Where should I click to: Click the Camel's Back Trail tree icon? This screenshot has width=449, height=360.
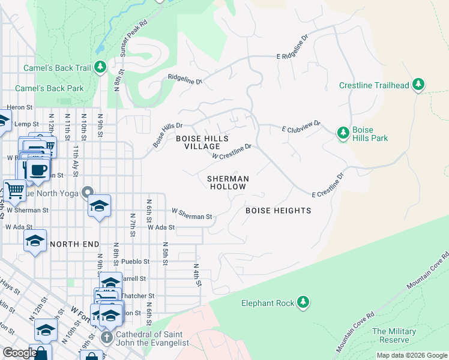pos(101,67)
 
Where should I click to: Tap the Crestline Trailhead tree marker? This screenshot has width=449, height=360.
pos(418,85)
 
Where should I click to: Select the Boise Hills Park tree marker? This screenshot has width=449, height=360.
pos(343,133)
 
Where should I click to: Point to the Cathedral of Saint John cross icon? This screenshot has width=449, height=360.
pos(107,337)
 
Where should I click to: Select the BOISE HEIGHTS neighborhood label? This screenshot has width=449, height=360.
pos(279,211)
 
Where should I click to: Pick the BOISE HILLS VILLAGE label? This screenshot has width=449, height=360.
pos(202,142)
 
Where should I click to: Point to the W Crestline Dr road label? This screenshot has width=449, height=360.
pos(231,151)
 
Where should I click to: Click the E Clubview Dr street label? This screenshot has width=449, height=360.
pos(301,127)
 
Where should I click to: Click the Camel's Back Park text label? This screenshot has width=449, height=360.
pos(49,88)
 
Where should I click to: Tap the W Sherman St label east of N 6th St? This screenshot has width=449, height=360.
pos(192,214)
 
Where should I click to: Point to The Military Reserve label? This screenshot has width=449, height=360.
pos(394,335)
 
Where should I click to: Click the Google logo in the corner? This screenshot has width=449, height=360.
pos(19,353)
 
